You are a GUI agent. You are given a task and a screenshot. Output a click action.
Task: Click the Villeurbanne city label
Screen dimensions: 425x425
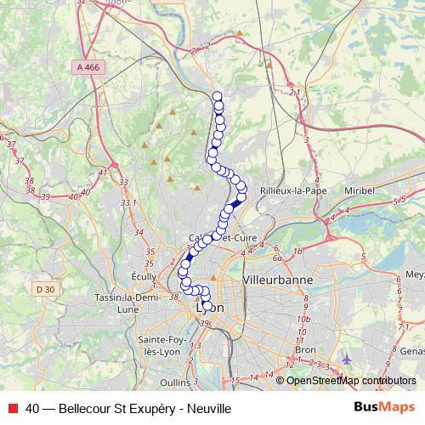click(278, 279)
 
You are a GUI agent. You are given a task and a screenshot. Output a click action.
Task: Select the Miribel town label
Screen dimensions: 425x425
click(360, 190)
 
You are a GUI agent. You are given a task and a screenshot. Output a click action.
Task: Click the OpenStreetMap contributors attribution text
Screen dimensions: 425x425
click(348, 381)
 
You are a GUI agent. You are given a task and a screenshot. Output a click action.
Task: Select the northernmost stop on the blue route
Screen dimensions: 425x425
click(217, 97)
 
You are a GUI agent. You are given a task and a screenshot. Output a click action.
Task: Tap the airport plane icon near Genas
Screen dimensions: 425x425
click(345, 359)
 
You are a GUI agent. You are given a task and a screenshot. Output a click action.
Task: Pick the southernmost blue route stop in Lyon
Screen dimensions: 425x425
click(207, 306)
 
